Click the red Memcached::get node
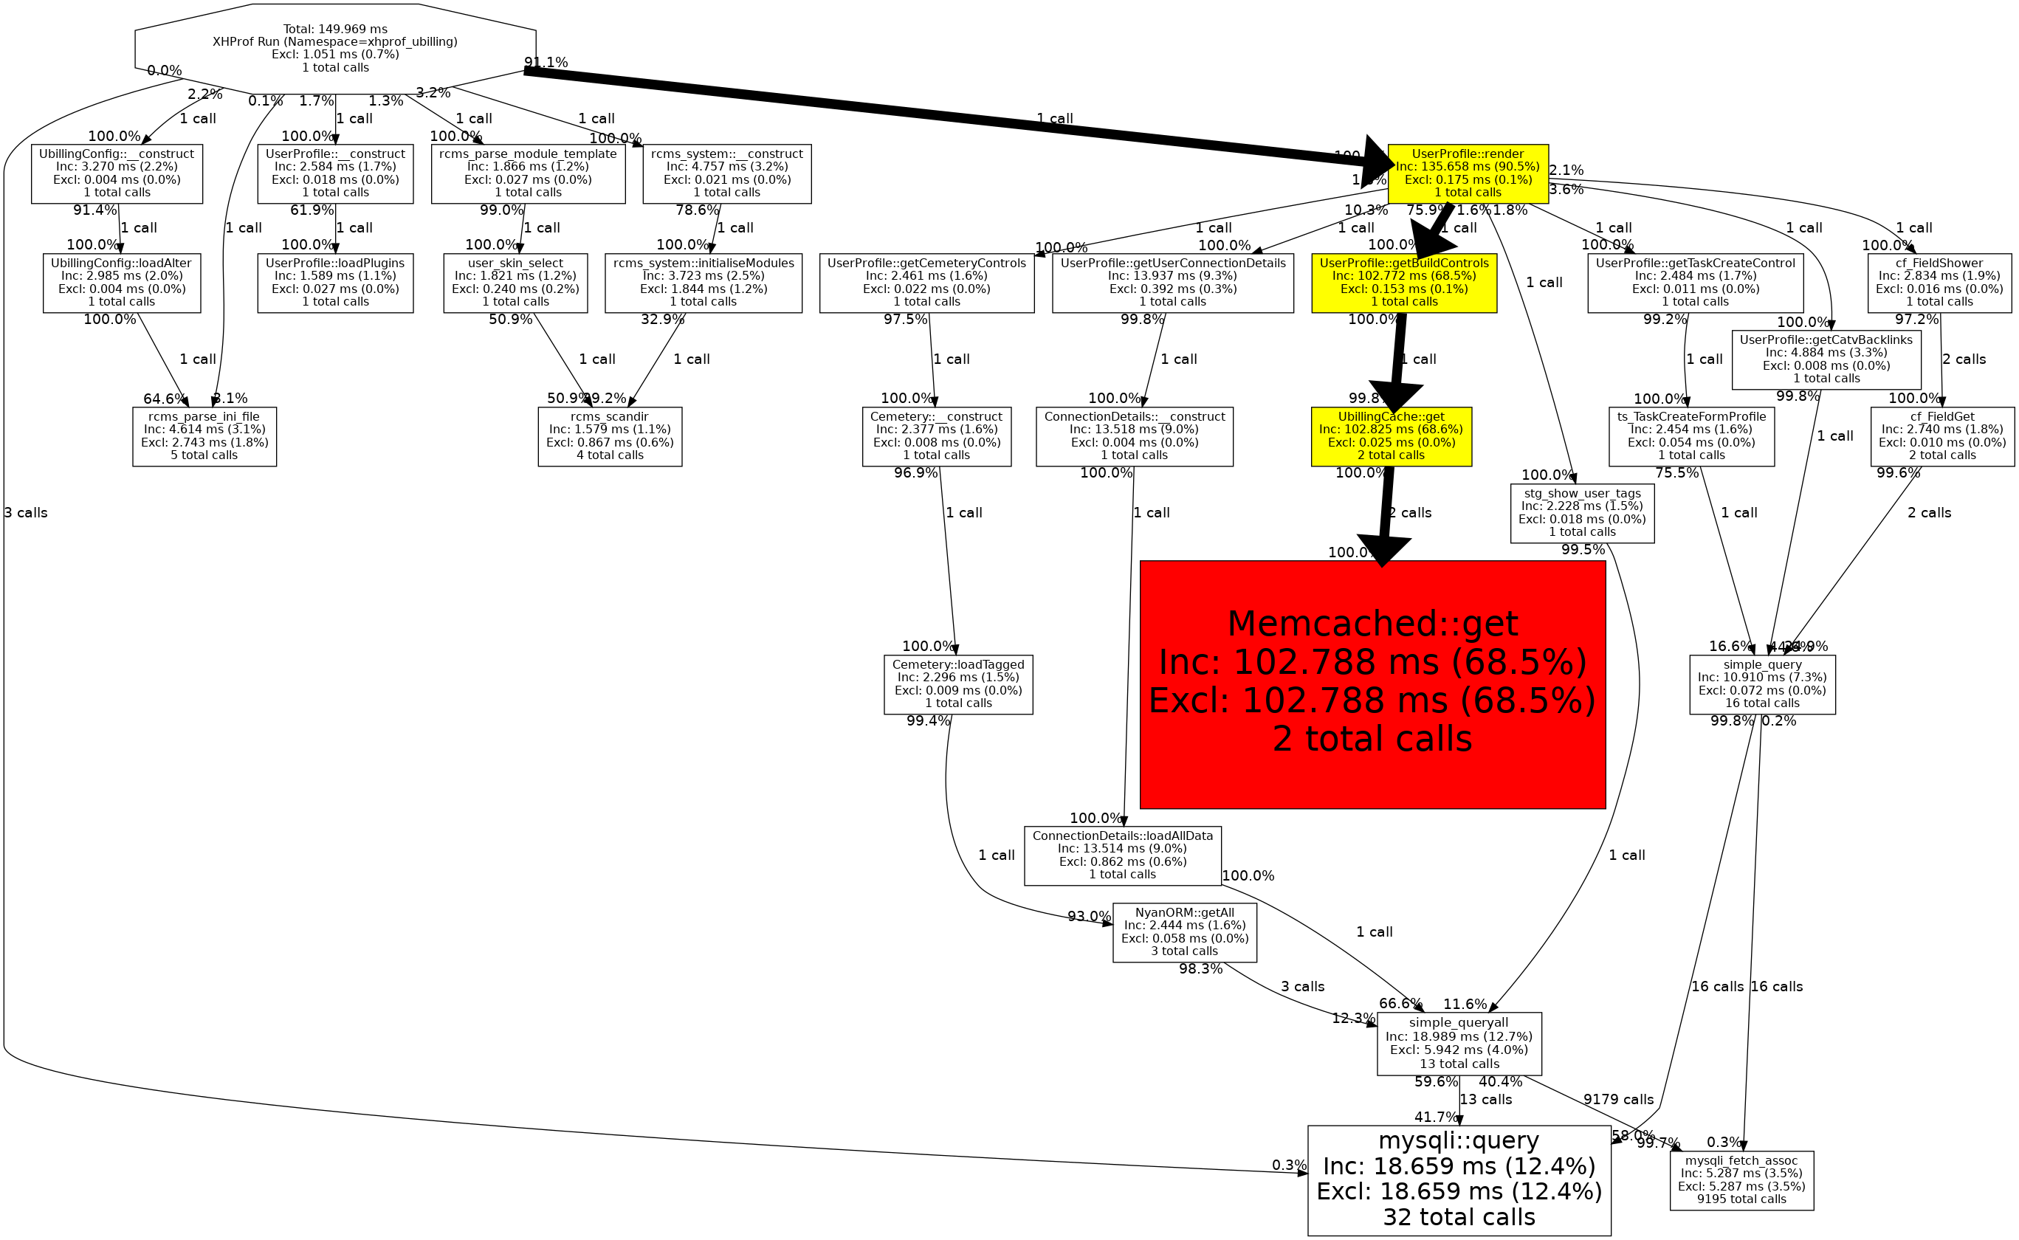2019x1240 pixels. pos(1372,684)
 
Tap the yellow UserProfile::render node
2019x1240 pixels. pos(1467,173)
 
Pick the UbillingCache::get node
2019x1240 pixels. pos(1391,436)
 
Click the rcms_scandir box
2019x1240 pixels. pos(609,436)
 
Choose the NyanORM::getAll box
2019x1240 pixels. pos(1184,931)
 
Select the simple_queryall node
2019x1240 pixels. pos(1459,1043)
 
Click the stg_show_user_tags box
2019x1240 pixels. pos(1582,512)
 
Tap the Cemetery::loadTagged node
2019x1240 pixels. pos(958,684)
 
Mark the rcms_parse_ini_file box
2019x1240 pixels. pos(204,436)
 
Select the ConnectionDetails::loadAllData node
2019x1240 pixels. pos(1122,855)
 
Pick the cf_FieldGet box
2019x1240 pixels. pos(1942,436)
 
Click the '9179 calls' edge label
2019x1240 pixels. pos(1618,1099)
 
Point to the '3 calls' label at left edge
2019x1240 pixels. pos(25,512)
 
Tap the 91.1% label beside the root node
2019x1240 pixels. pos(546,62)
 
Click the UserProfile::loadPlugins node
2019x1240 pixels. pos(334,282)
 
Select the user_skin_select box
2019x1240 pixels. pos(515,282)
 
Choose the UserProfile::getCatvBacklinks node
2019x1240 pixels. pos(1826,359)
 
